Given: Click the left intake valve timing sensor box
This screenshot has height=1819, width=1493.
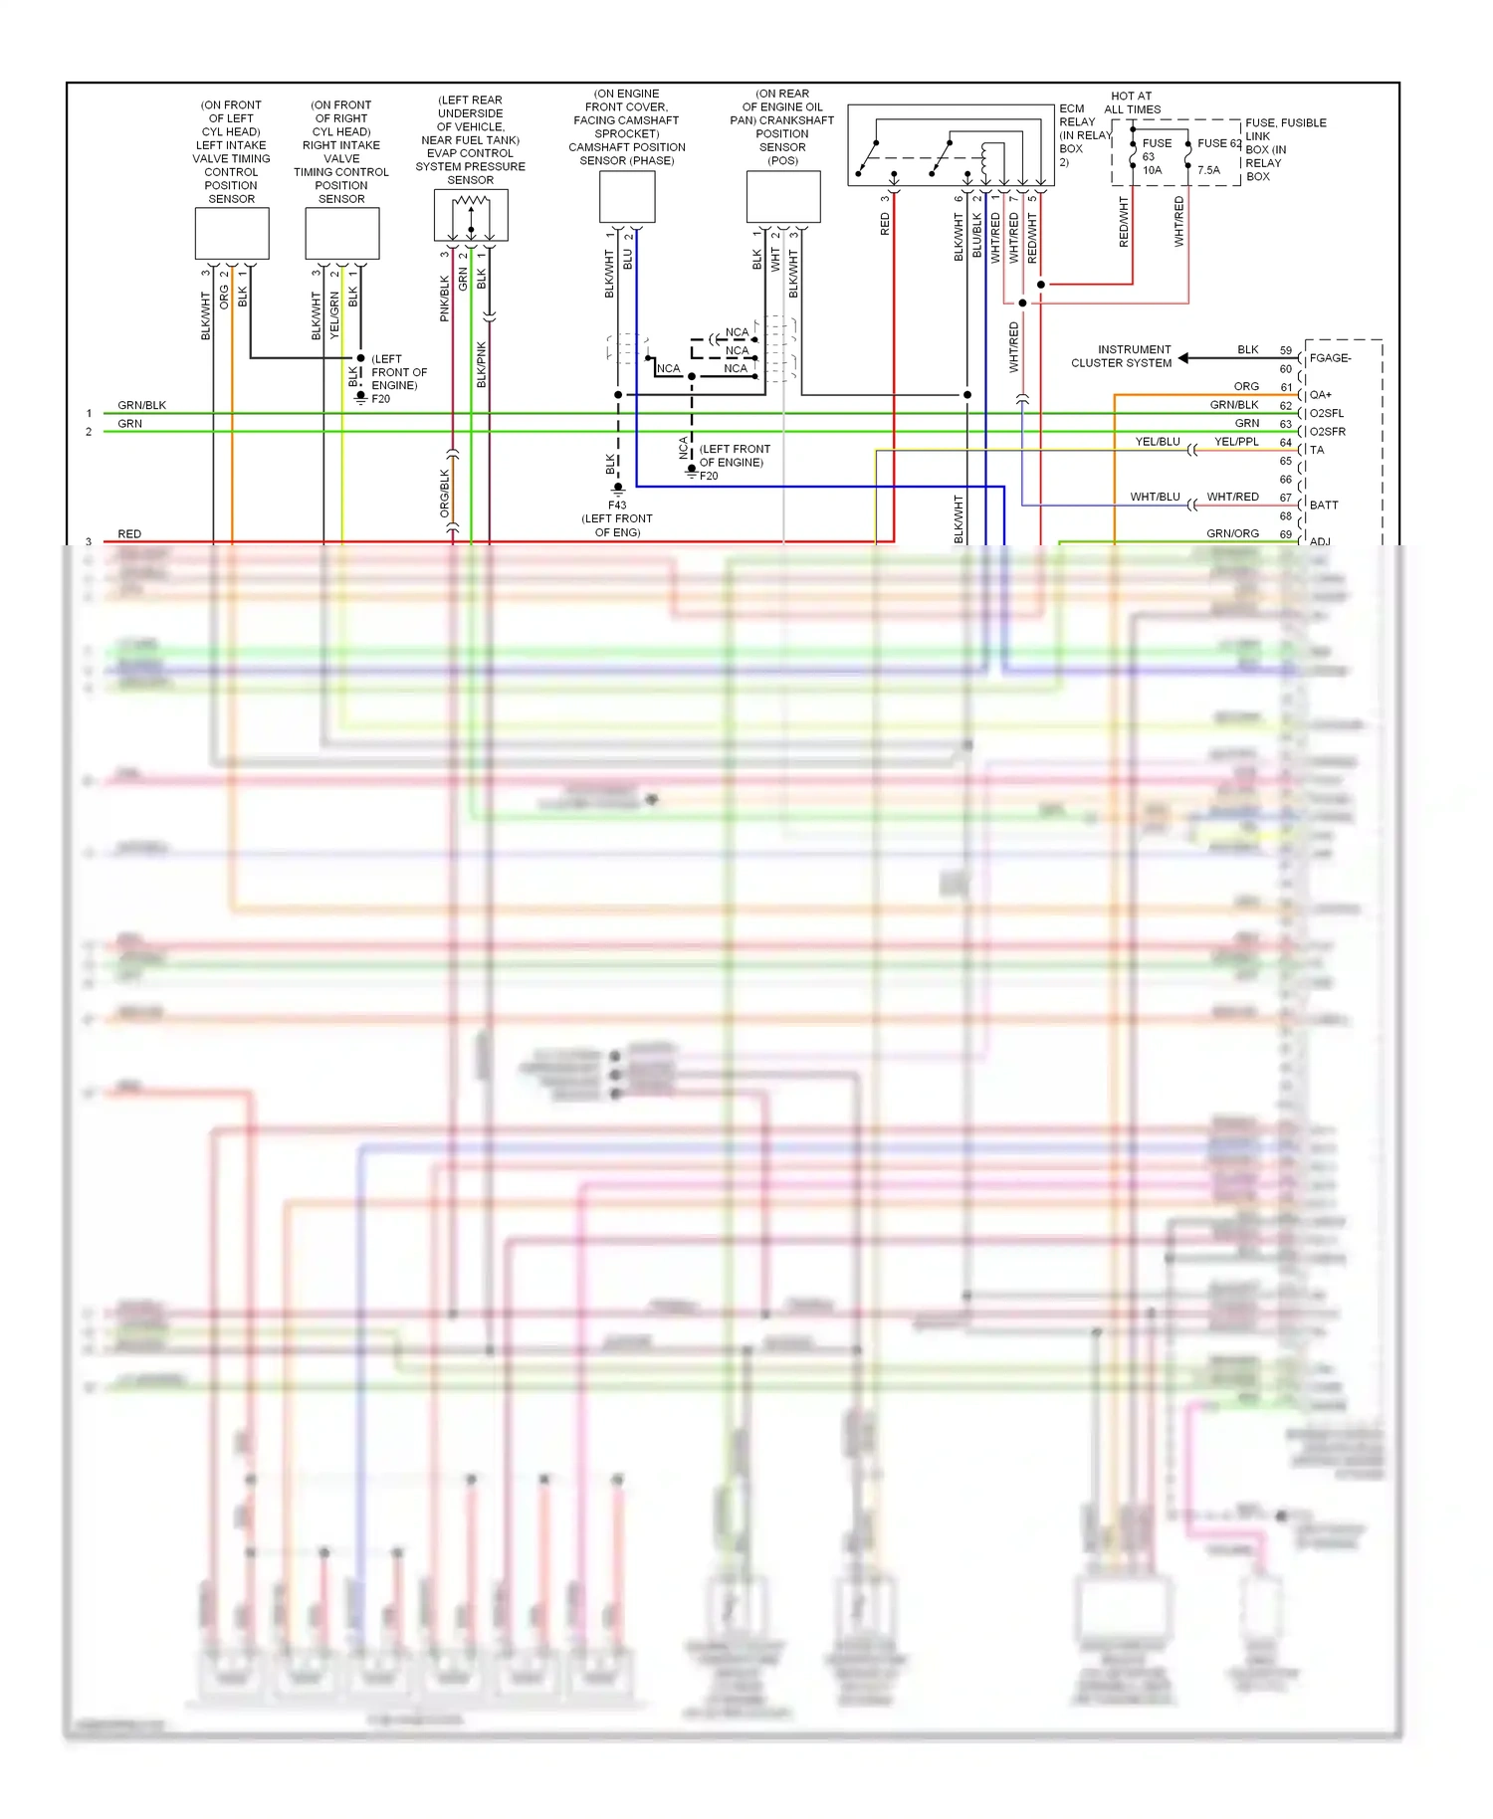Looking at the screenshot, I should click(x=232, y=234).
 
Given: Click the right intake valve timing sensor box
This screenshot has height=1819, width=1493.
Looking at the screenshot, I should click(x=341, y=234).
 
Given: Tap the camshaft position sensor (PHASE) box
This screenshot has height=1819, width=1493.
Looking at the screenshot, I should click(x=627, y=196).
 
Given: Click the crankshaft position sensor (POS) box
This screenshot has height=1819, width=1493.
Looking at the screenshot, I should click(x=783, y=196).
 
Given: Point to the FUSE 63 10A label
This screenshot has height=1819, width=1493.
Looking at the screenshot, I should click(x=1155, y=156).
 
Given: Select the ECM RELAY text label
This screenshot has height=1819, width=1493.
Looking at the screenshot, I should click(x=1077, y=115).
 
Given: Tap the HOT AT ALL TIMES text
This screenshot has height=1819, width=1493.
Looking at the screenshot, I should click(x=1132, y=102).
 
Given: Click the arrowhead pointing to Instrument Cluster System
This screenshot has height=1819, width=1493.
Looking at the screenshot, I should click(x=1184, y=358).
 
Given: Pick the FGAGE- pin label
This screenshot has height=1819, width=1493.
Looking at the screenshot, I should click(x=1330, y=358).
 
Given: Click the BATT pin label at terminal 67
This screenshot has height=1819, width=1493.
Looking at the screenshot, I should click(x=1324, y=505).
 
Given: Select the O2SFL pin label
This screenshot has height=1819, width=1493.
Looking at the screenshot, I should click(x=1327, y=413).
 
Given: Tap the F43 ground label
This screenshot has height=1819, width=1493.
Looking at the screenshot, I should click(x=617, y=505).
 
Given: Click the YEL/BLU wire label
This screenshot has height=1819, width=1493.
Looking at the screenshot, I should click(x=1158, y=442).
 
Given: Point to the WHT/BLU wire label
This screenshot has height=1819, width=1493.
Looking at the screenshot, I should click(x=1155, y=497).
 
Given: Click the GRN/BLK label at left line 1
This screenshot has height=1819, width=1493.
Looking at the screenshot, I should click(x=141, y=405).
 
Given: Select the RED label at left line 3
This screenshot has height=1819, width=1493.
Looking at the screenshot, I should click(x=129, y=534).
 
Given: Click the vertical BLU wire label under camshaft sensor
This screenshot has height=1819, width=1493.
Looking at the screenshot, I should click(x=628, y=259).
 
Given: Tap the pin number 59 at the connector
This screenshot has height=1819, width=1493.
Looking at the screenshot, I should click(x=1286, y=350).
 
